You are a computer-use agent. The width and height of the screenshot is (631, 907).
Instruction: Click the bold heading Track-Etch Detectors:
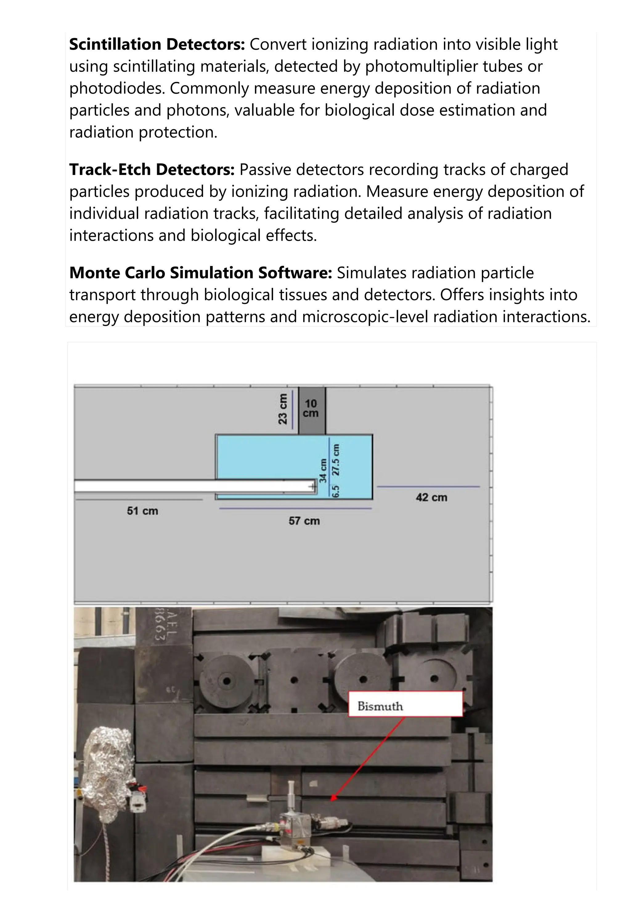[x=152, y=170]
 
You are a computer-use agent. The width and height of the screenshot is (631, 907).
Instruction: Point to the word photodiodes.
[x=117, y=88]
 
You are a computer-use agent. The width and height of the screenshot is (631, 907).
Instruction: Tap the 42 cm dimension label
[x=431, y=497]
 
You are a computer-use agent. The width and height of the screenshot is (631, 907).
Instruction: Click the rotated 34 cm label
[x=323, y=471]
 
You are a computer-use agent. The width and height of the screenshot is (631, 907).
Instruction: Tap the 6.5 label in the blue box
[x=336, y=492]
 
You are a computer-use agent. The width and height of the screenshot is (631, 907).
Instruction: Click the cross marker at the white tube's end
[x=313, y=487]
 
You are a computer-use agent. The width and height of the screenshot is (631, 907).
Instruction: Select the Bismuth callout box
[x=405, y=704]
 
